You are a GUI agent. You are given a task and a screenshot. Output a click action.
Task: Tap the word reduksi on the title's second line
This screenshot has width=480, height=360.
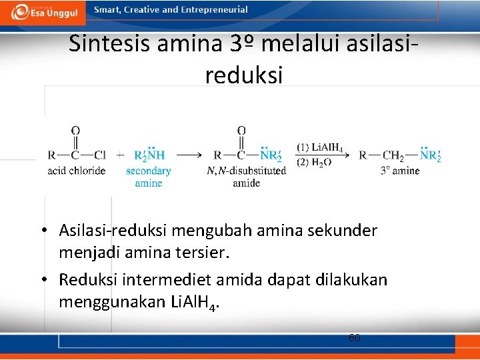click(x=244, y=75)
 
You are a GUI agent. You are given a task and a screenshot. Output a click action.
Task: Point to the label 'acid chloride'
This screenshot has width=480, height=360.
click(x=77, y=171)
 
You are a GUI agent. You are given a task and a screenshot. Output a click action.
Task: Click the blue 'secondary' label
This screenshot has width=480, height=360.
click(x=149, y=171)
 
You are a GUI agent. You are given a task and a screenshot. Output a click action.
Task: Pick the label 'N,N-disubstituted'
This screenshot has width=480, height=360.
click(x=247, y=171)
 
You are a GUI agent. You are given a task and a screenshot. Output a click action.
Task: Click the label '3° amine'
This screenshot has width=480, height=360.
click(x=400, y=171)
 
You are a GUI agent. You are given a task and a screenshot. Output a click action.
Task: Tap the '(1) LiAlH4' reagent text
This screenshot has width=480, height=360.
click(x=320, y=147)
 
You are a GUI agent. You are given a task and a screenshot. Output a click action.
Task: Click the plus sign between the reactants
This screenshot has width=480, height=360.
click(x=120, y=155)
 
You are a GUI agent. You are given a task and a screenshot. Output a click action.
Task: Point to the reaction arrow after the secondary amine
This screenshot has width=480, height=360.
click(x=189, y=155)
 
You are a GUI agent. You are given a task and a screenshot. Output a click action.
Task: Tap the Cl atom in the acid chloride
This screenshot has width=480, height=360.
click(x=100, y=155)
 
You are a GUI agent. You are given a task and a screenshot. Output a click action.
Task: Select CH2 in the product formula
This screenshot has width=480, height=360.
click(x=393, y=156)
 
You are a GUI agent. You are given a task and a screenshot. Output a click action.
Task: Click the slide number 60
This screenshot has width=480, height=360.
click(x=355, y=337)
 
